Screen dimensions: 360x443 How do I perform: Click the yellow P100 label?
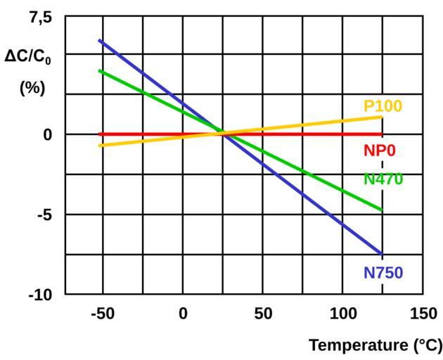(383, 107)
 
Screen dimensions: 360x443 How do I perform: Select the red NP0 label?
(380, 151)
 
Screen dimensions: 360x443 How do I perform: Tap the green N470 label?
(383, 179)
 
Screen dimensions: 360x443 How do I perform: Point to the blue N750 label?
(383, 273)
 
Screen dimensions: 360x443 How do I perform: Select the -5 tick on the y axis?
(44, 214)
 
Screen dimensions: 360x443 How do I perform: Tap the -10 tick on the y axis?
(40, 295)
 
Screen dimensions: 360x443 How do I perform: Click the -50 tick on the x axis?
(103, 314)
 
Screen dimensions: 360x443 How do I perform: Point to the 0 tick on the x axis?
(183, 314)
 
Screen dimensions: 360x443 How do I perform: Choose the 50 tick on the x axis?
(263, 314)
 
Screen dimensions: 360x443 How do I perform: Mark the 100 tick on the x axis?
(343, 314)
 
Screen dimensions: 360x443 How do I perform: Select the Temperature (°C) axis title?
(375, 345)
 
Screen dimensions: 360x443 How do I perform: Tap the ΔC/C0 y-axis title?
(28, 56)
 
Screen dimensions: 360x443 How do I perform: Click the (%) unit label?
(32, 89)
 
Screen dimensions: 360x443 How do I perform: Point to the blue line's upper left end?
(100, 41)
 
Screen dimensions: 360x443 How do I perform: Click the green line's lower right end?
(382, 210)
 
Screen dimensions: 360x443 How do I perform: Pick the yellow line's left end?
(100, 146)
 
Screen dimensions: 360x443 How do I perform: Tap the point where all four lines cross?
(222, 132)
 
